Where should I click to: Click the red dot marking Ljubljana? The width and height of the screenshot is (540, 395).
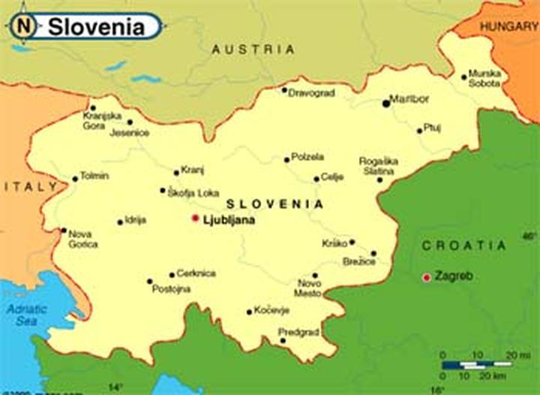click(195, 218)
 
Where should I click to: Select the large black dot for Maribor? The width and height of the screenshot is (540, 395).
click(386, 103)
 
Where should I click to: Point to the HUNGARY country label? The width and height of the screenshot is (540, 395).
click(509, 26)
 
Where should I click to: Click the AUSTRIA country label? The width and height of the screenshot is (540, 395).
click(253, 50)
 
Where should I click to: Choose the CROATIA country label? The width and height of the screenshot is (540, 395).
click(463, 246)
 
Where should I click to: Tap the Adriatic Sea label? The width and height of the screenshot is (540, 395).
click(25, 315)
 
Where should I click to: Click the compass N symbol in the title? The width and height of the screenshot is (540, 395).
click(24, 27)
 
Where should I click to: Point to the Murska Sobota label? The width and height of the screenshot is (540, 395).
click(484, 78)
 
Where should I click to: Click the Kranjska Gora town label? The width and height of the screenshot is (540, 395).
click(102, 120)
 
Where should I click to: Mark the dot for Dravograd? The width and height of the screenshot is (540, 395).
click(284, 90)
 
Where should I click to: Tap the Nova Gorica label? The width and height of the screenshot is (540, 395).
click(82, 239)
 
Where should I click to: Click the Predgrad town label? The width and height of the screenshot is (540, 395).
click(298, 332)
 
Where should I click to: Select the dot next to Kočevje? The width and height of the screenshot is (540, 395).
click(249, 312)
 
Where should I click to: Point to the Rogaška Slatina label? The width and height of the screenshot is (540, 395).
click(379, 166)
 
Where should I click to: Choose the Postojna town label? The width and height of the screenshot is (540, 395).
click(171, 289)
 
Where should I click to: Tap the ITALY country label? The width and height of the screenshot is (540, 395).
click(30, 186)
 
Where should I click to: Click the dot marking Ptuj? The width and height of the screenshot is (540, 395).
click(419, 131)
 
